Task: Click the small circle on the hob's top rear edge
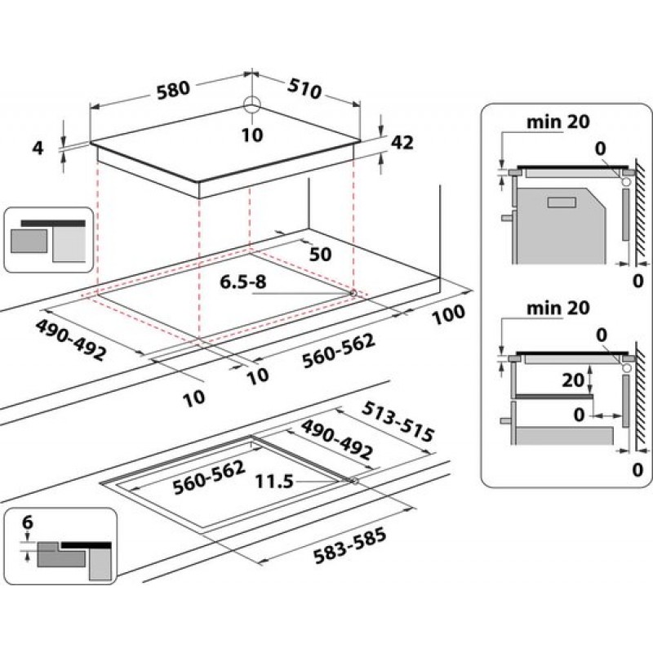pyautogui.click(x=252, y=104)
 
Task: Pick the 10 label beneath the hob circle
pyautogui.click(x=253, y=135)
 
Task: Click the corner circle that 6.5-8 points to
pyautogui.click(x=353, y=293)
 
